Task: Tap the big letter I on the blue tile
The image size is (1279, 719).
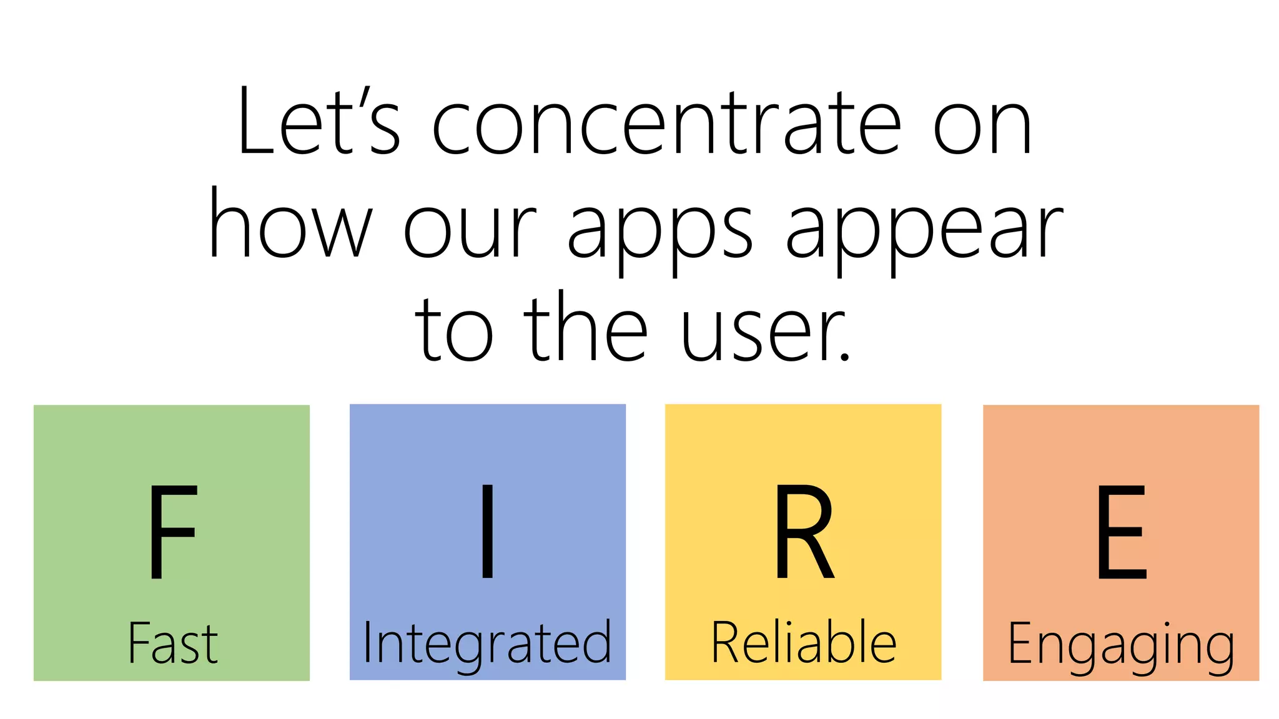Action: (488, 532)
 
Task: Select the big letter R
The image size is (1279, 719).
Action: (804, 532)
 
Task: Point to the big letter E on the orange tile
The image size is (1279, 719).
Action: (1122, 532)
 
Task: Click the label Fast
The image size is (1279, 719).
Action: (173, 643)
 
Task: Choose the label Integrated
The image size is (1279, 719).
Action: (487, 644)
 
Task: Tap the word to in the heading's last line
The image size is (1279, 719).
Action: (454, 331)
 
